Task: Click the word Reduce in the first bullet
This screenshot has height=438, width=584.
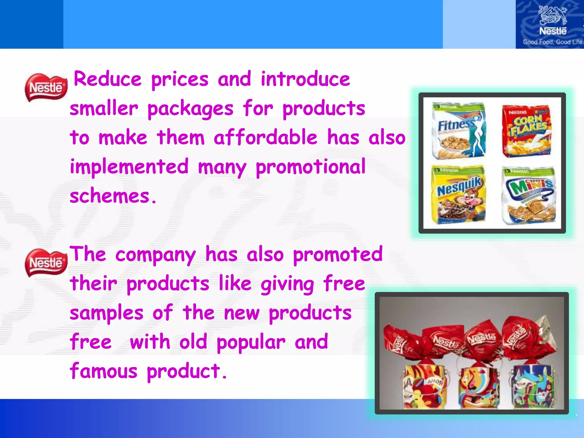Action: pyautogui.click(x=108, y=79)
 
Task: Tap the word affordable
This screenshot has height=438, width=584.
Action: pyautogui.click(x=265, y=137)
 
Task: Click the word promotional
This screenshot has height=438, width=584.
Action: pyautogui.click(x=310, y=167)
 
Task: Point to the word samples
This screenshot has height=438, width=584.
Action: pyautogui.click(x=106, y=313)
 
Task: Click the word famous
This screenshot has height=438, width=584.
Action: pyautogui.click(x=104, y=371)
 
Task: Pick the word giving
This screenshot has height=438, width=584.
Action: pyautogui.click(x=287, y=284)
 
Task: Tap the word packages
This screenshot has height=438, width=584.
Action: pyautogui.click(x=190, y=109)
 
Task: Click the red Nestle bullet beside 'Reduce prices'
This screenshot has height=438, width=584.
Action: pyautogui.click(x=46, y=87)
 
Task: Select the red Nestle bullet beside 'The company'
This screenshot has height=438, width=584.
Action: pyautogui.click(x=46, y=262)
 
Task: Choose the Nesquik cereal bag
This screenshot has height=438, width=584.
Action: pyautogui.click(x=459, y=195)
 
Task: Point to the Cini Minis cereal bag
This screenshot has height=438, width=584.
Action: pyautogui.click(x=528, y=196)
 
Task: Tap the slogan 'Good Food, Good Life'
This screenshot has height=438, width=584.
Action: pyautogui.click(x=552, y=42)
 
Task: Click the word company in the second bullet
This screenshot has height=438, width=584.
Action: pyautogui.click(x=155, y=254)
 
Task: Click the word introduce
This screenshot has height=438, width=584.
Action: pyautogui.click(x=305, y=79)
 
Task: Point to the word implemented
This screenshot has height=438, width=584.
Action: pyautogui.click(x=129, y=167)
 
